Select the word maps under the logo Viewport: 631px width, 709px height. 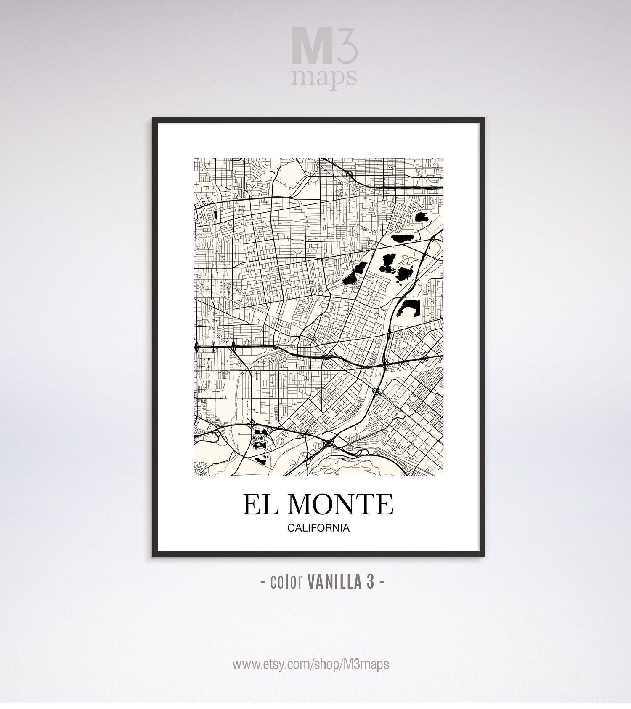325,77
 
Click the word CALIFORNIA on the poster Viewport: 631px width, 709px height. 318,528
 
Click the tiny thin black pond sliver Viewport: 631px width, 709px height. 215,215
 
